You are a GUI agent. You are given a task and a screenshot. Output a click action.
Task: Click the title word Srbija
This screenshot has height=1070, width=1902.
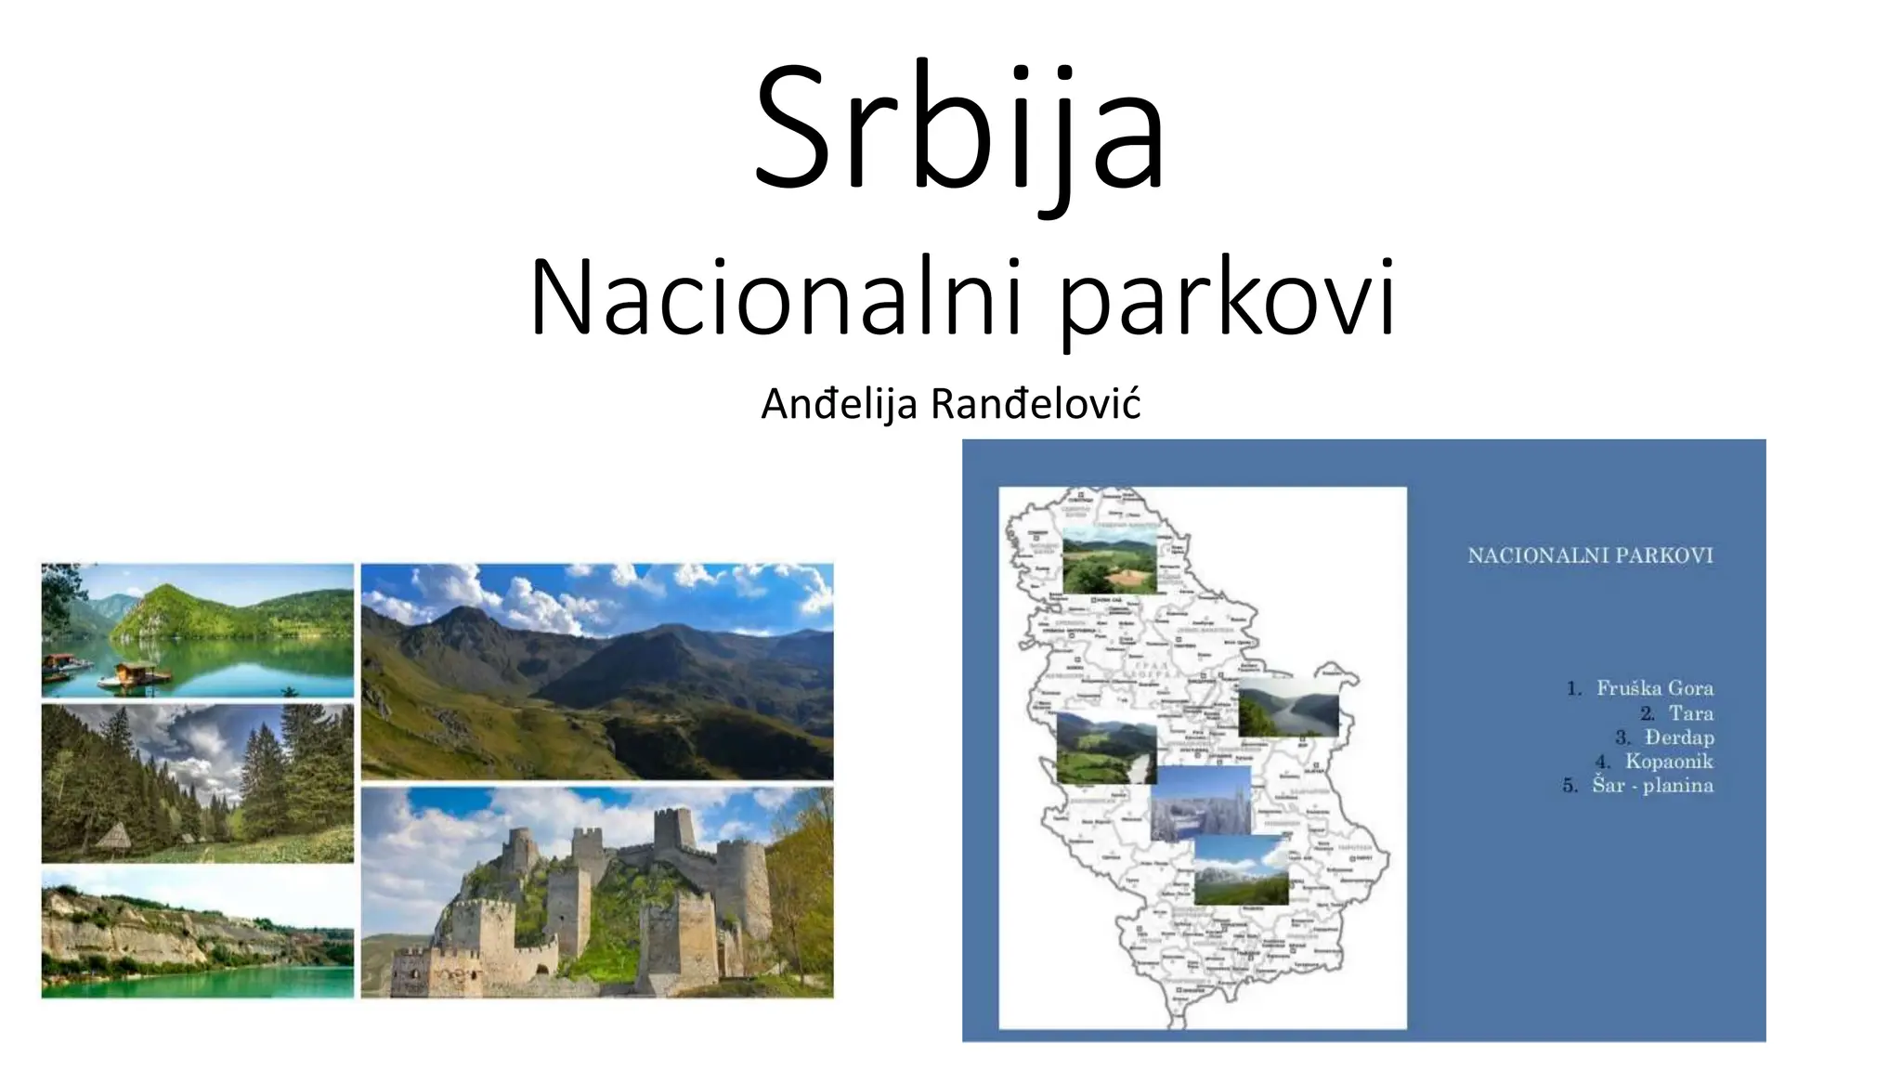click(x=959, y=130)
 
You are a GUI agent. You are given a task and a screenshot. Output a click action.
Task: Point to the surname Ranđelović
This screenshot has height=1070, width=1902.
click(x=1035, y=404)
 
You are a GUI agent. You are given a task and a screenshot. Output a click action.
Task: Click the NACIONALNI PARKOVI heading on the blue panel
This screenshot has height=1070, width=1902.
click(x=1590, y=555)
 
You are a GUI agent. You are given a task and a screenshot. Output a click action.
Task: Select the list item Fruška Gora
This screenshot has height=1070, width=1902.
click(x=1654, y=688)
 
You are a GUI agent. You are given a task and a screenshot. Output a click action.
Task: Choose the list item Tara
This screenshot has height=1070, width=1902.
click(x=1690, y=713)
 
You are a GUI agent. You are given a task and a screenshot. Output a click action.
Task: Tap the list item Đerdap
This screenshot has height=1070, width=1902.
click(x=1678, y=737)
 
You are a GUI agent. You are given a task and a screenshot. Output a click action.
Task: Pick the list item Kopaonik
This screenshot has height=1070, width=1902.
click(x=1668, y=762)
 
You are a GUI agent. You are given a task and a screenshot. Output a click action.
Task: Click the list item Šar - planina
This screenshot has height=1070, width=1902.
click(x=1652, y=786)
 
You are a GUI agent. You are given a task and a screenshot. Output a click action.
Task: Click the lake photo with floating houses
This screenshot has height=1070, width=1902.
click(x=198, y=630)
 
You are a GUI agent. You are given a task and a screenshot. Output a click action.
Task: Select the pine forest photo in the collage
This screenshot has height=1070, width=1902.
click(x=198, y=783)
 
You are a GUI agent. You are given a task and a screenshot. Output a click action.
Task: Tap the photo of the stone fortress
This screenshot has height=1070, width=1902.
click(x=597, y=893)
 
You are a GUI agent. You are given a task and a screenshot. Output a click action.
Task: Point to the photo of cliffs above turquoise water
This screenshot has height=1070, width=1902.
click(x=198, y=933)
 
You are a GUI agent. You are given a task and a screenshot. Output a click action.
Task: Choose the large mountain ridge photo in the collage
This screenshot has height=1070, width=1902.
click(x=597, y=671)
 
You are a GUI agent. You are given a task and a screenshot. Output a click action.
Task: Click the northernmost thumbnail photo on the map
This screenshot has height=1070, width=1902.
click(x=1109, y=560)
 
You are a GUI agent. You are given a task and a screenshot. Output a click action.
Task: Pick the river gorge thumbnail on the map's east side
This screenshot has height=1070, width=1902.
click(x=1288, y=707)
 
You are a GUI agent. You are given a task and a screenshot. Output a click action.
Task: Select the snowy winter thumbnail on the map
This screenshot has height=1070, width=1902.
click(x=1201, y=804)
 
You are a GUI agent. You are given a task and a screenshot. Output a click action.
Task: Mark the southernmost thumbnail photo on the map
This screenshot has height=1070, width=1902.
click(x=1241, y=870)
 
